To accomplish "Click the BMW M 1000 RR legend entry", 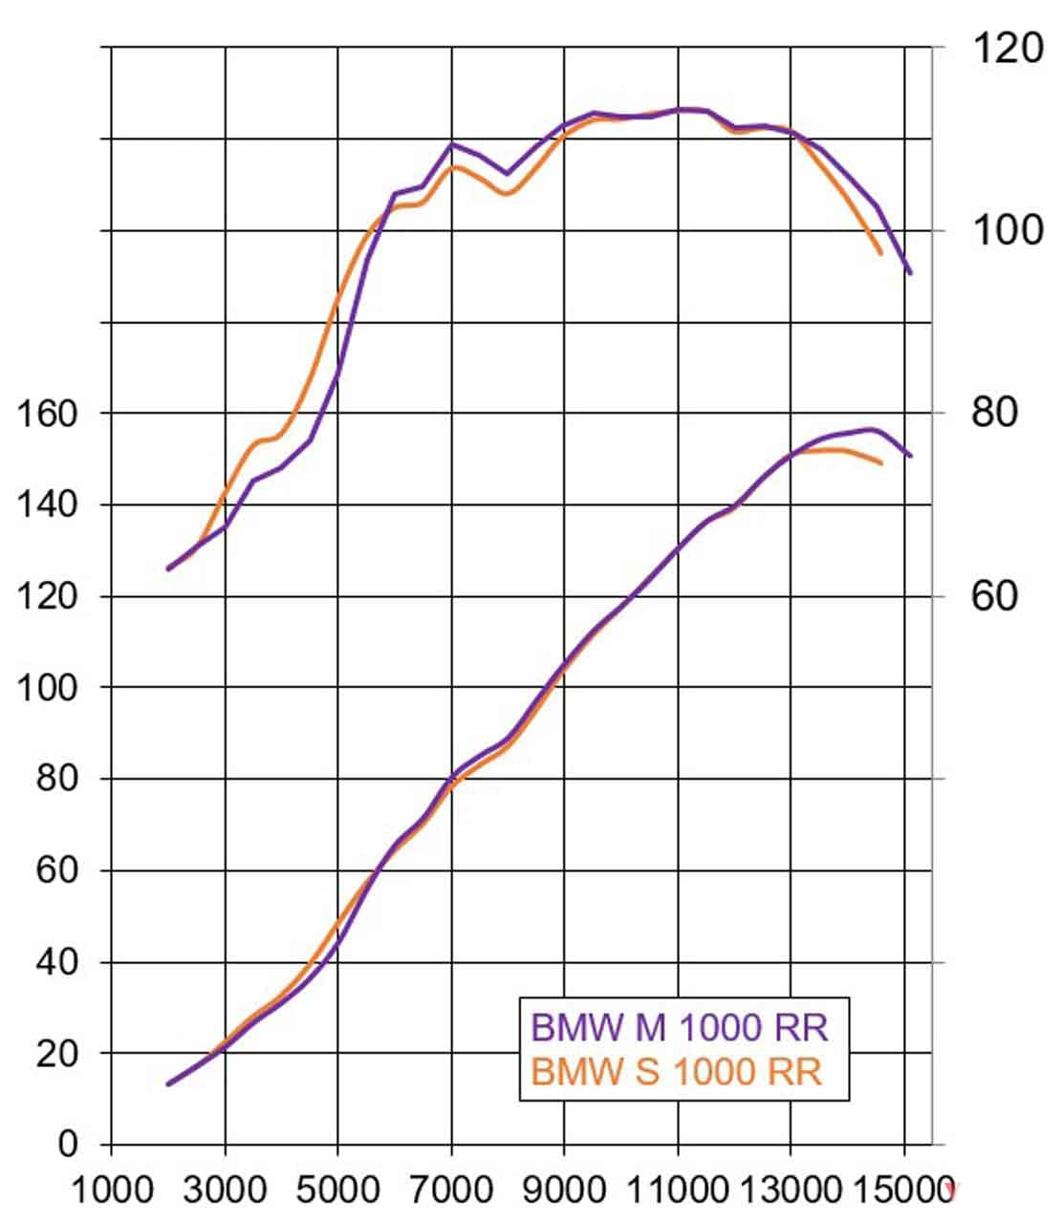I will point(680,1028).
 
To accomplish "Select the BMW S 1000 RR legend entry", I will point(676,1071).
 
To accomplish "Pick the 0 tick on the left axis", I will point(67,1144).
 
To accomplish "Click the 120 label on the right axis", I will point(1008,48).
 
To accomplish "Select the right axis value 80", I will point(994,413).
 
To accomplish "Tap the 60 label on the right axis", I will point(994,596).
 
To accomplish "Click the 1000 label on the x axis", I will point(113,1191).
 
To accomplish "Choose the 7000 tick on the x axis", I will point(452,1191).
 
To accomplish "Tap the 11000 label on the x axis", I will point(679,1191).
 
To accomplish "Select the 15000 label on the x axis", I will point(903,1191).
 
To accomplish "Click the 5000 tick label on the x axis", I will point(338,1191).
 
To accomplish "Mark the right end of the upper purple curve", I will point(910,273).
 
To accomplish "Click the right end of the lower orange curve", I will point(881,463).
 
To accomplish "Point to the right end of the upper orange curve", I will point(880,253).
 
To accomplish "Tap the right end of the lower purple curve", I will point(910,456).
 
